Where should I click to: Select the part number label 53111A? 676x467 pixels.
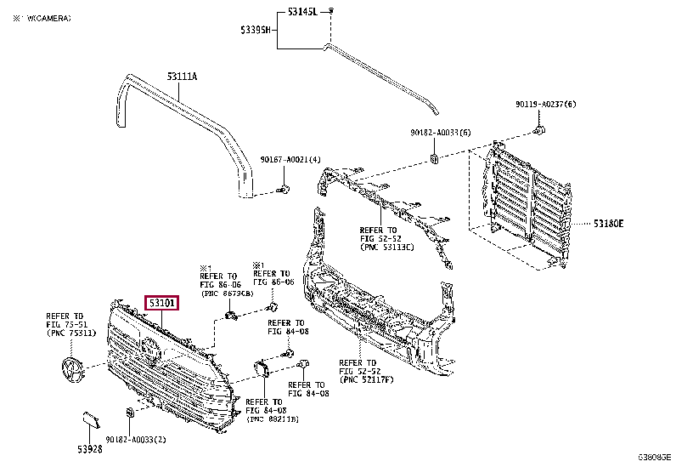[182, 77]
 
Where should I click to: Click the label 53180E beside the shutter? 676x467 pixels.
[608, 224]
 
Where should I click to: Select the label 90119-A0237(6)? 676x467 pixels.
[545, 104]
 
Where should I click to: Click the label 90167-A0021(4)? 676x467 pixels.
[290, 160]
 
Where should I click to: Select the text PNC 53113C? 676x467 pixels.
[387, 248]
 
